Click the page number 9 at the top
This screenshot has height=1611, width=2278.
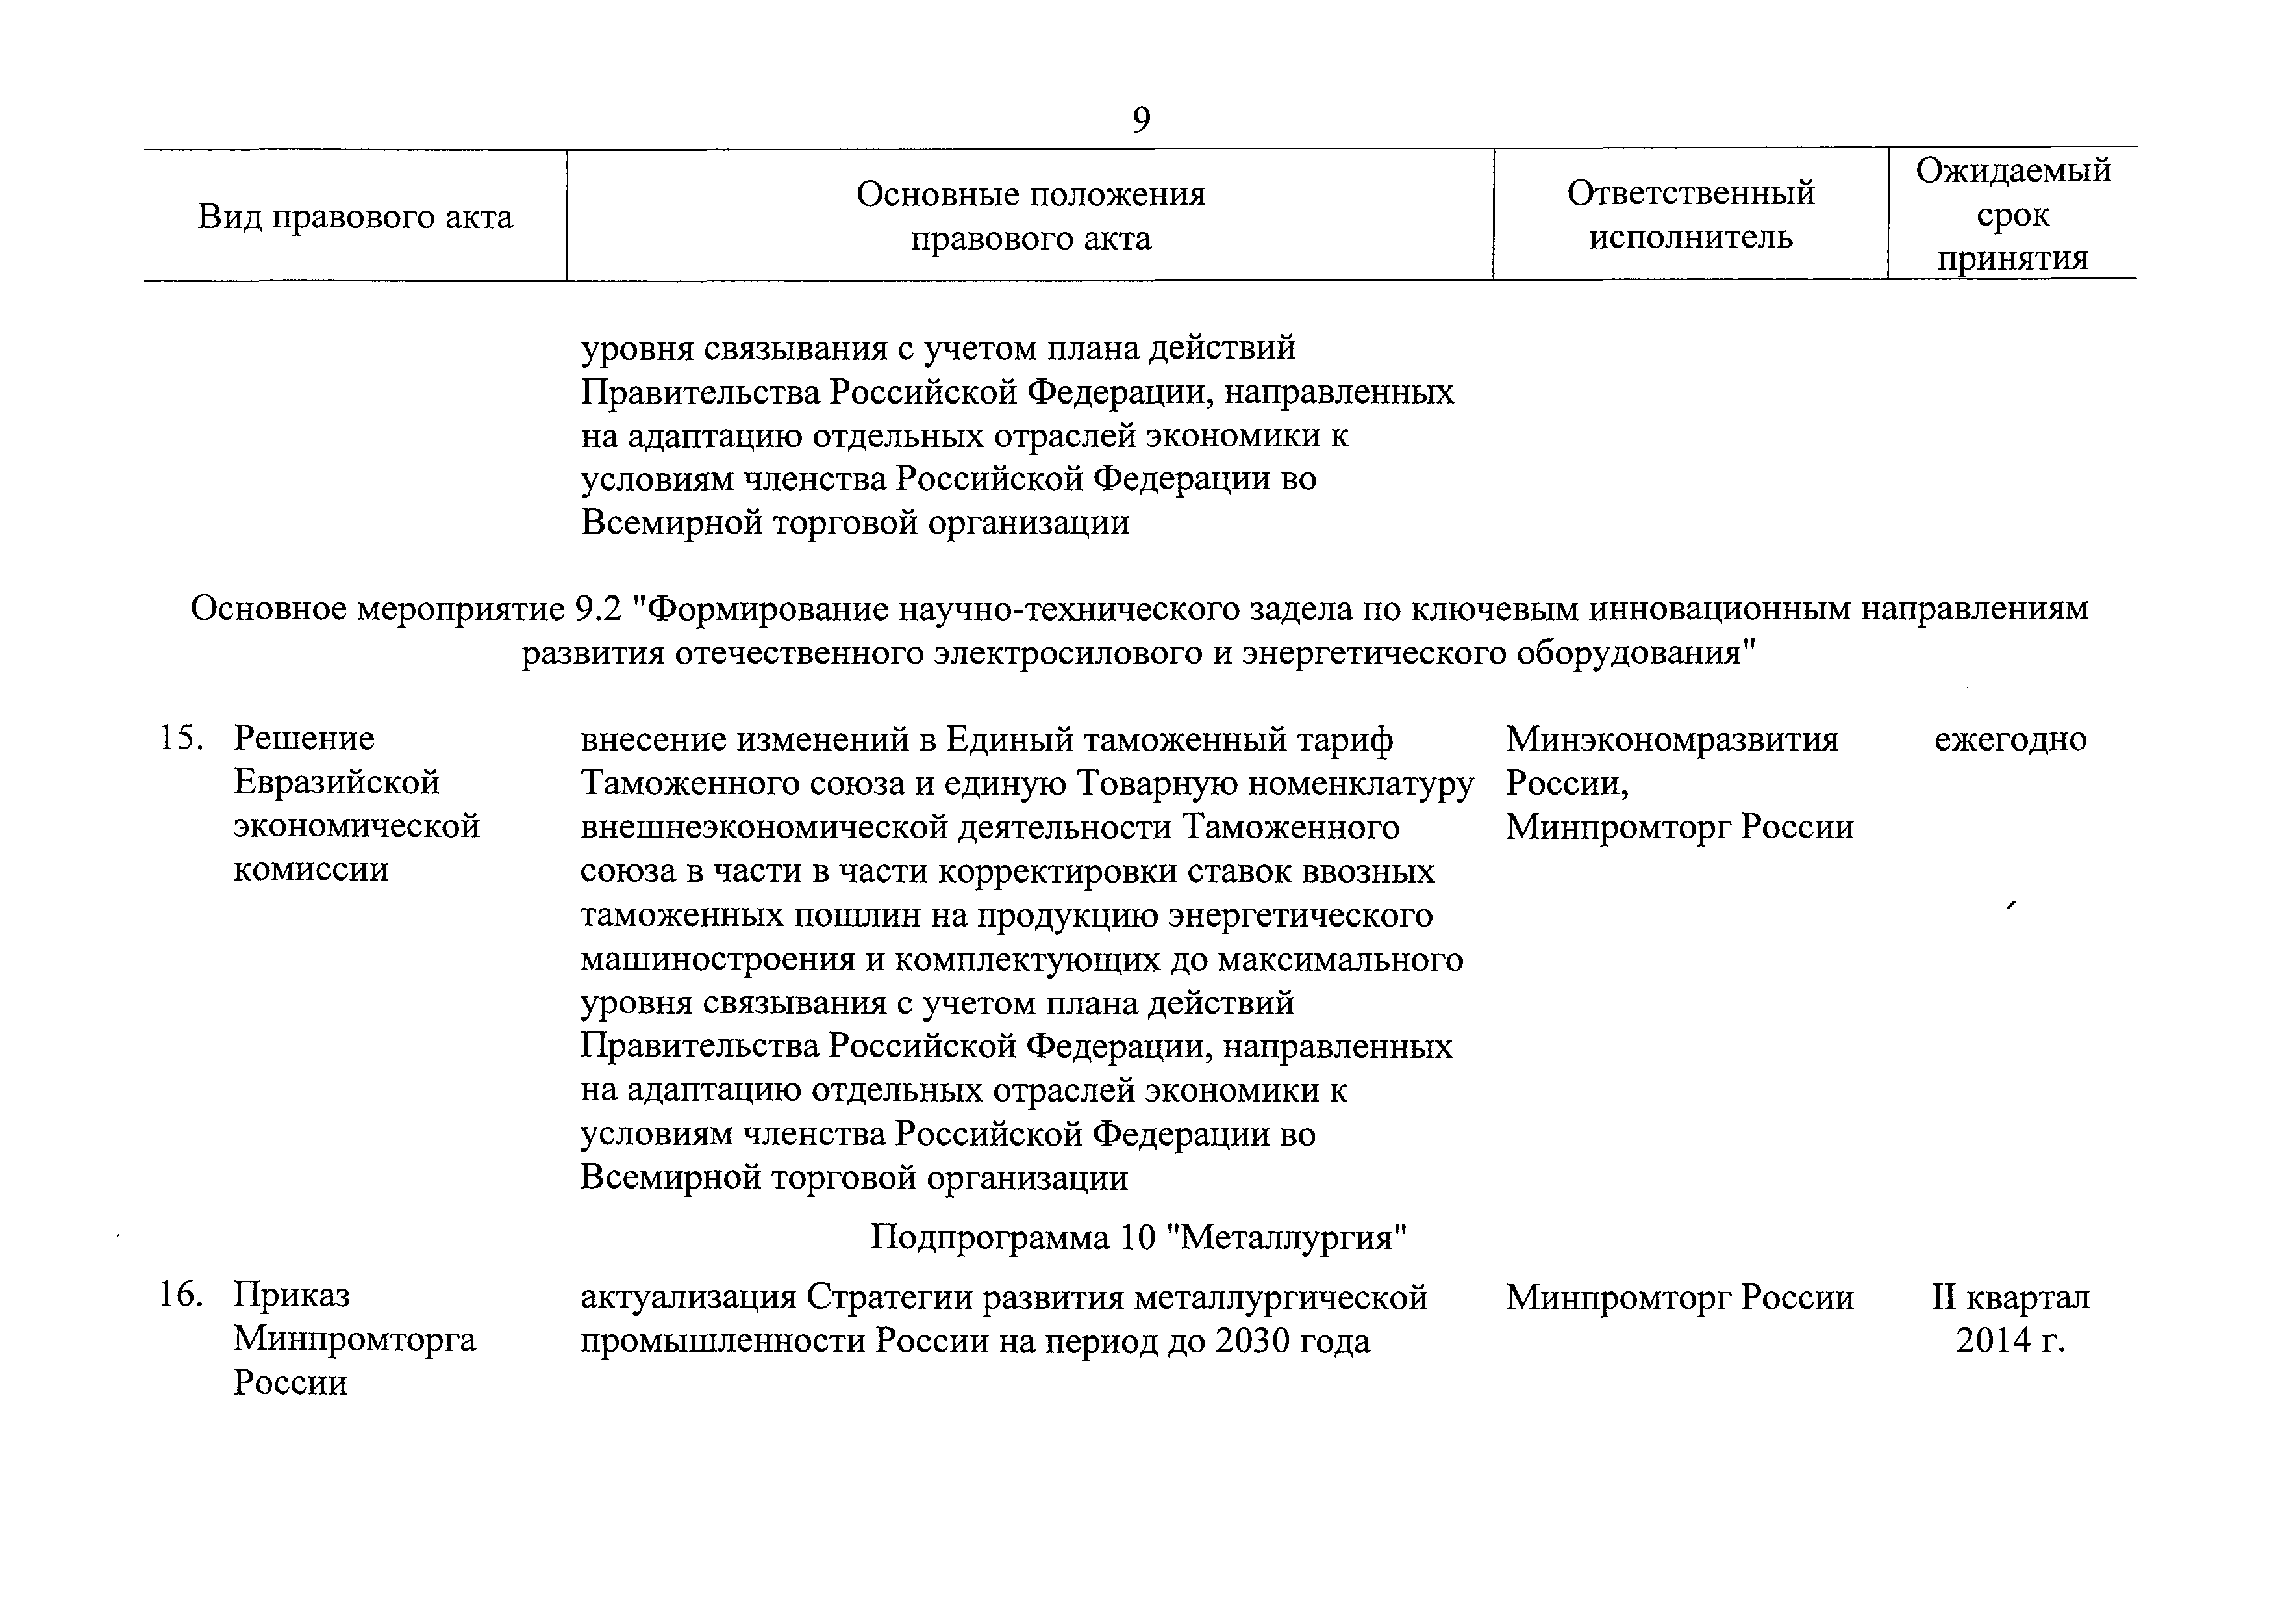point(1141,120)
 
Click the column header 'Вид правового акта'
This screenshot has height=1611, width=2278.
point(355,216)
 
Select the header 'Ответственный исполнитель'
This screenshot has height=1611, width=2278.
point(1690,214)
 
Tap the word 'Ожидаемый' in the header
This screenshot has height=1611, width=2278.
point(2012,171)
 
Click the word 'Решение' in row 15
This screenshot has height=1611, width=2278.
point(304,738)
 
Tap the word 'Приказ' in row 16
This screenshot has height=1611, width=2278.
point(292,1295)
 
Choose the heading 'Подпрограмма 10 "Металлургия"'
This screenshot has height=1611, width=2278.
point(1140,1238)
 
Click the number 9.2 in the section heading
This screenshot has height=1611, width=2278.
point(597,608)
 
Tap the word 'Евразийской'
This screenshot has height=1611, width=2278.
point(336,782)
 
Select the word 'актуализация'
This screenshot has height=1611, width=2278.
point(688,1297)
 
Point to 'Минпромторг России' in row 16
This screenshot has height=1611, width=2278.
point(1679,1297)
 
